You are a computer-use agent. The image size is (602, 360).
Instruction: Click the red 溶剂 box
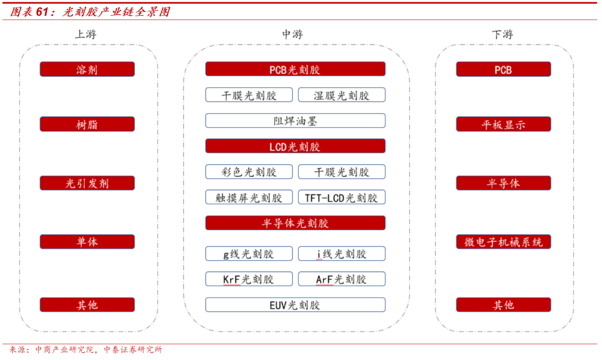pyautogui.click(x=87, y=70)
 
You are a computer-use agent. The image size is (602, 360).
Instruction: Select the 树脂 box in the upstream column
pyautogui.click(x=87, y=124)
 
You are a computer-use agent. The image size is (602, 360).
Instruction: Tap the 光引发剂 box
pyautogui.click(x=87, y=183)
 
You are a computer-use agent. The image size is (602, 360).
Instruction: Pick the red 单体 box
pyautogui.click(x=87, y=242)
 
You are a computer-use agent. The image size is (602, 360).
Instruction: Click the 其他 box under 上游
pyautogui.click(x=87, y=305)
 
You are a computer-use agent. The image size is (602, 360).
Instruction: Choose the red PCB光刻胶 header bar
pyautogui.click(x=295, y=70)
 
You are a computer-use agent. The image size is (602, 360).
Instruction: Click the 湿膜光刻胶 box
pyautogui.click(x=342, y=95)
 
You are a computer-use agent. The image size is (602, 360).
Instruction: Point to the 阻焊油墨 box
pyautogui.click(x=295, y=121)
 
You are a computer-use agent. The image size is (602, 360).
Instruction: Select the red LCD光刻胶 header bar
pyautogui.click(x=295, y=147)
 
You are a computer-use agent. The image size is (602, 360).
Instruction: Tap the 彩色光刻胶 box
pyautogui.click(x=249, y=172)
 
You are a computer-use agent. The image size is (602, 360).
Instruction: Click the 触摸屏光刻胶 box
pyautogui.click(x=249, y=197)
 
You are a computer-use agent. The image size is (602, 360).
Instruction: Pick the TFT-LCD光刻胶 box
pyautogui.click(x=342, y=197)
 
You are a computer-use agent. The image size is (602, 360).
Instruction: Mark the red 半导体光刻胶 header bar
pyautogui.click(x=295, y=223)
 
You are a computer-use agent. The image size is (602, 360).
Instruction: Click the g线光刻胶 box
pyautogui.click(x=249, y=254)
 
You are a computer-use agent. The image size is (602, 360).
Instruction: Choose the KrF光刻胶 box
pyautogui.click(x=249, y=279)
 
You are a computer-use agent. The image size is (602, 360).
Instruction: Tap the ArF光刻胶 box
pyautogui.click(x=342, y=279)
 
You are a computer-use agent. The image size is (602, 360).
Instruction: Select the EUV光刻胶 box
pyautogui.click(x=295, y=305)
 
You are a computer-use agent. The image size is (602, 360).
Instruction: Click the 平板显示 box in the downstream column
pyautogui.click(x=503, y=124)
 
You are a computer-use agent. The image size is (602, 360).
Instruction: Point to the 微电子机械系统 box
pyautogui.click(x=503, y=242)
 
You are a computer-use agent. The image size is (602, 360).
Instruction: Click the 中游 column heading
pyautogui.click(x=292, y=35)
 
